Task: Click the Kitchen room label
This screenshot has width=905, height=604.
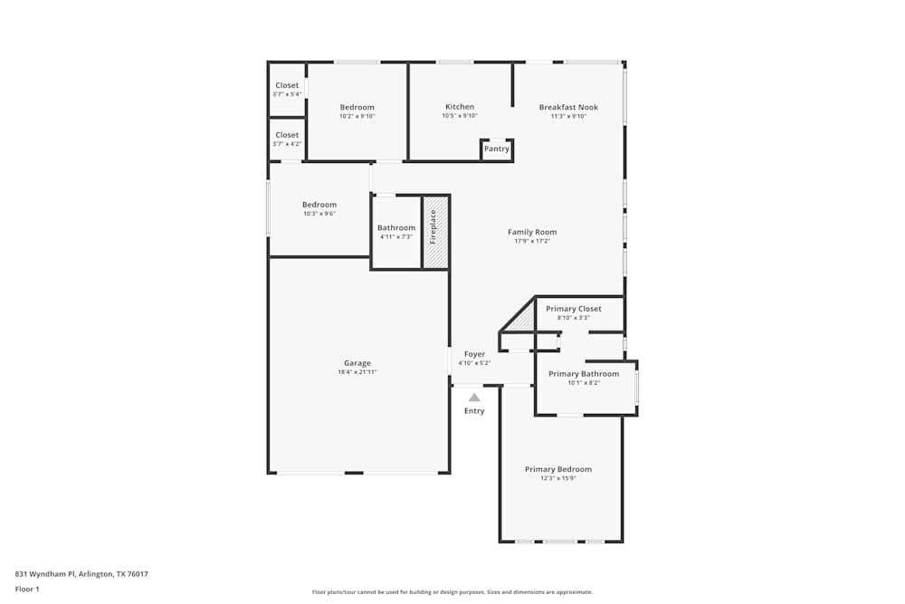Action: [460, 107]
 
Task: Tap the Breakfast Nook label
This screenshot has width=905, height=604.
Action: [568, 107]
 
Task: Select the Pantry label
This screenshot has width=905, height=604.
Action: [496, 149]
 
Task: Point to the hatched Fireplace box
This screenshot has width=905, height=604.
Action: [435, 231]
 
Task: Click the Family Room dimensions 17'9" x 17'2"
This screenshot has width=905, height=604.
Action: [532, 241]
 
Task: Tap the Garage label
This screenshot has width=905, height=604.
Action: [357, 363]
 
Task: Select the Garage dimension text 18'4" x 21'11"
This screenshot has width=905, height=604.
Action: [357, 372]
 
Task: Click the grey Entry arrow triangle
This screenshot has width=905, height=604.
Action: [474, 397]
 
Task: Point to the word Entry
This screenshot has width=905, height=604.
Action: [474, 411]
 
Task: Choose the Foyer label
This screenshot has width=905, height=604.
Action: [474, 354]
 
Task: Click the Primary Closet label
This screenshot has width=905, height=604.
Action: [573, 309]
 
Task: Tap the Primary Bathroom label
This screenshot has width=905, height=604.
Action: [584, 374]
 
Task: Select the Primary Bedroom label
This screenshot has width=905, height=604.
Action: [558, 469]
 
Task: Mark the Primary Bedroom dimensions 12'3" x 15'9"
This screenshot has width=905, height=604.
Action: [558, 478]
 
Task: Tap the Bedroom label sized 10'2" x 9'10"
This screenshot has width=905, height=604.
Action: [357, 107]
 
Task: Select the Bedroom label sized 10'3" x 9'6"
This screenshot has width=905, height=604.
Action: [319, 205]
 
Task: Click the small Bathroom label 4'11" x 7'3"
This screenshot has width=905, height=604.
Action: [396, 228]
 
